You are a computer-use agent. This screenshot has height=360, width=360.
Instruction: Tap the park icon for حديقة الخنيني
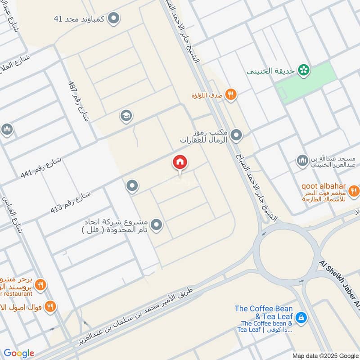click(304, 70)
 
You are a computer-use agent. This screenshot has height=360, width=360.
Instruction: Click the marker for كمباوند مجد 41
click(115, 18)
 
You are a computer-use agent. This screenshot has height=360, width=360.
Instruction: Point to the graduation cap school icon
click(126, 117)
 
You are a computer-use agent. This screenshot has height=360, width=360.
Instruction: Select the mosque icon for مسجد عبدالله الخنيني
click(301, 160)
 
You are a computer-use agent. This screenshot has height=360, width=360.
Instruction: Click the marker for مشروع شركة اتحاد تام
click(156, 224)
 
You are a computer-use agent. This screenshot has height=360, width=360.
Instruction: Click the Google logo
click(19, 353)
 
